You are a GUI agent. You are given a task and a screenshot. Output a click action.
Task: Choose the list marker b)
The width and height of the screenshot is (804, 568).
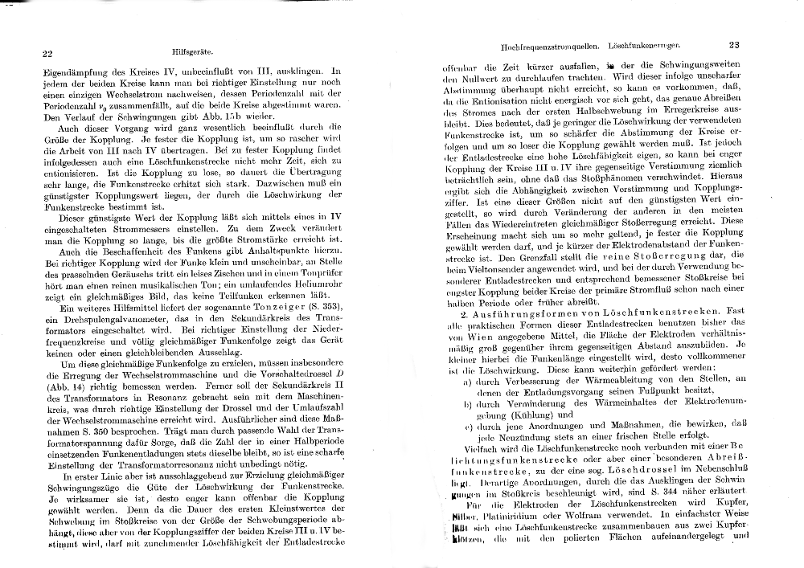tap(468, 404)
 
